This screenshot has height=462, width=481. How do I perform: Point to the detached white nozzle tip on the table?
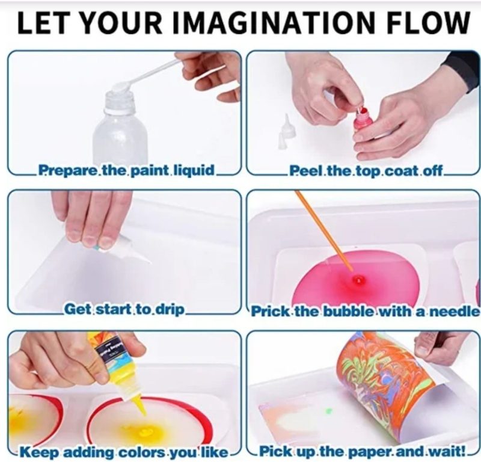284,132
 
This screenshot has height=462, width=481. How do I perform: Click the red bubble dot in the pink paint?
357,279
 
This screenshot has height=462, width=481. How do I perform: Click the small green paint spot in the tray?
328,410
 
